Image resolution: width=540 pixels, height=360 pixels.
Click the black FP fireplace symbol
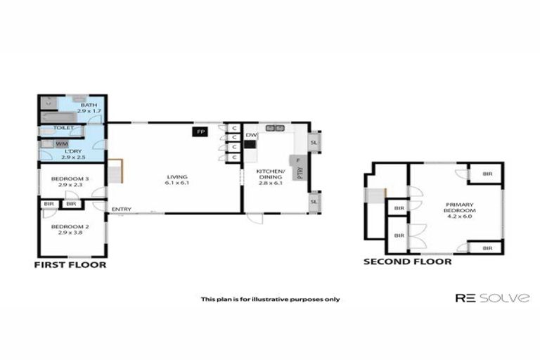pyautogui.click(x=200, y=131)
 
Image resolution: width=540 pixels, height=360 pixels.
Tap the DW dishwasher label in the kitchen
pyautogui.click(x=250, y=135)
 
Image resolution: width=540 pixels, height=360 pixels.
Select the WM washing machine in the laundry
pyautogui.click(x=61, y=144)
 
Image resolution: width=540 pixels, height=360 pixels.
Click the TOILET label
pyautogui.click(x=63, y=128)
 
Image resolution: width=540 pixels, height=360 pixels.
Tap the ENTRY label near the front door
pyautogui.click(x=121, y=209)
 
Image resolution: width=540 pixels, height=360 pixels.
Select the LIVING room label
pyautogui.click(x=176, y=177)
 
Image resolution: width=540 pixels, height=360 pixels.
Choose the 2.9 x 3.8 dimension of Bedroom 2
pyautogui.click(x=70, y=232)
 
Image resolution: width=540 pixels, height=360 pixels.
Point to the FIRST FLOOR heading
pyautogui.click(x=70, y=265)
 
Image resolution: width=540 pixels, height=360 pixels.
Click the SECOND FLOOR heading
pyautogui.click(x=407, y=262)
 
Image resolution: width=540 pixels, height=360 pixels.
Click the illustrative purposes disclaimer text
pyautogui.click(x=270, y=299)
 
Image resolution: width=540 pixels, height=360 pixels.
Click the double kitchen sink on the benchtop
pyautogui.click(x=274, y=128)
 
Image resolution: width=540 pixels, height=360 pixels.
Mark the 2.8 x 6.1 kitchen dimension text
pyautogui.click(x=270, y=183)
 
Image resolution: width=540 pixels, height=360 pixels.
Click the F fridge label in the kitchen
pyautogui.click(x=298, y=160)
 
